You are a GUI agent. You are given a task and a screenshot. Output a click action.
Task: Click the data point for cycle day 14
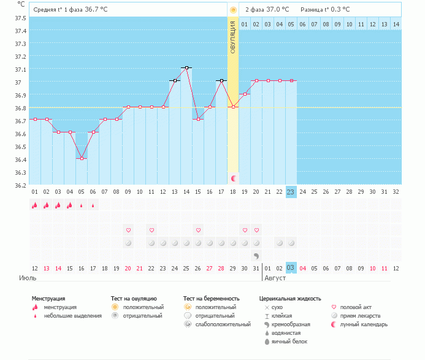[187, 68]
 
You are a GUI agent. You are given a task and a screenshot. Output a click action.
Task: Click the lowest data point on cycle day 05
[82, 158]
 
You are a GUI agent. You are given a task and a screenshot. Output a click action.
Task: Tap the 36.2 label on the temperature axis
[20, 185]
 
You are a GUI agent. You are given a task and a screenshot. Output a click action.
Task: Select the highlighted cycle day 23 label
[291, 191]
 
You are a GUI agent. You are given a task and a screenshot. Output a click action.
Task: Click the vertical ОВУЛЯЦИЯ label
[233, 37]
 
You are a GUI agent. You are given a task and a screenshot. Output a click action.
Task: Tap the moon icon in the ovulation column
[233, 178]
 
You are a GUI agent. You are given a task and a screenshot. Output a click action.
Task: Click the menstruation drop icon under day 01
[35, 205]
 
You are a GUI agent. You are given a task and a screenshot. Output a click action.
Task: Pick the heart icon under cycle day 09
[128, 230]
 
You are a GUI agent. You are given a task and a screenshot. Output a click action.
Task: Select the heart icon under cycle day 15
[198, 230]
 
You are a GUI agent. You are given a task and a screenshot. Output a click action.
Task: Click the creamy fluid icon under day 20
[256, 255]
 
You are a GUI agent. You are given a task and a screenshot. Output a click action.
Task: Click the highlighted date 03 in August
[291, 268]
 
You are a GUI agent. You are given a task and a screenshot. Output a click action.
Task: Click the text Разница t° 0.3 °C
[325, 10]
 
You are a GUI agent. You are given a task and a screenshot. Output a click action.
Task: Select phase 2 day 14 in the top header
[396, 24]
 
